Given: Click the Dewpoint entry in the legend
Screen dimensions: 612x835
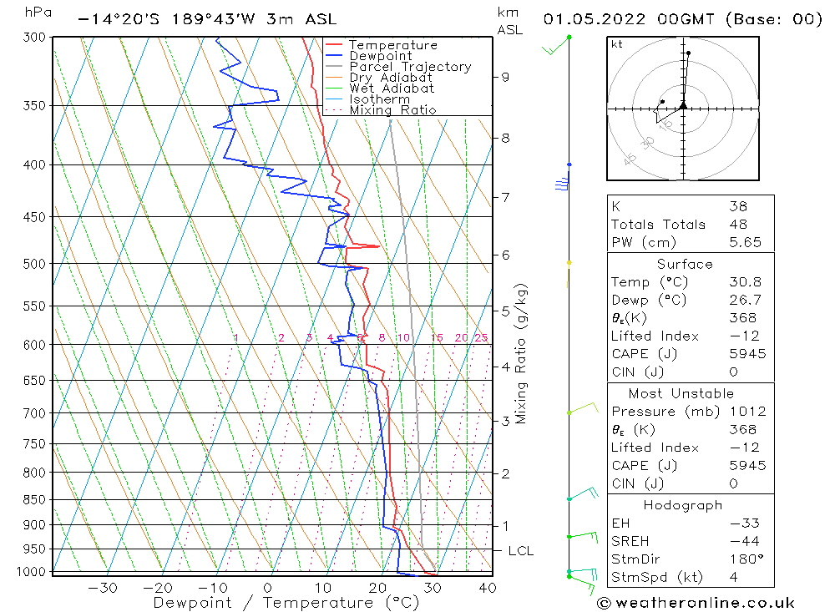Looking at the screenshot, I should pos(381,56).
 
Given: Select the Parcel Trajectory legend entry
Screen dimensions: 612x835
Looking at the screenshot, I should pos(410,67).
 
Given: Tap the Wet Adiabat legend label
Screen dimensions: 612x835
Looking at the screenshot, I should pos(391,89).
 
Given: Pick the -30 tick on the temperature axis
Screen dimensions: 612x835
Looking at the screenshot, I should pos(103,588).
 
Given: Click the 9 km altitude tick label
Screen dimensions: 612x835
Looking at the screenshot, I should pos(505,77).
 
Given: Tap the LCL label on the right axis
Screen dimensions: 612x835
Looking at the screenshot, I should pos(520,551).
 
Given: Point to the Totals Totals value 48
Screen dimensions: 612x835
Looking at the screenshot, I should pos(738,225).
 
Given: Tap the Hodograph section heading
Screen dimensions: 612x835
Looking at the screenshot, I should pos(683,505).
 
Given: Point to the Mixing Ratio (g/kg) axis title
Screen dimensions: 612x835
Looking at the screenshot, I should pos(522,354).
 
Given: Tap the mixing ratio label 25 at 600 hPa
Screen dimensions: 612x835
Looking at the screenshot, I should pos(481,338).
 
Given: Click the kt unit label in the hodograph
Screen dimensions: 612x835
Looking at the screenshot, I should pos(616,44).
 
